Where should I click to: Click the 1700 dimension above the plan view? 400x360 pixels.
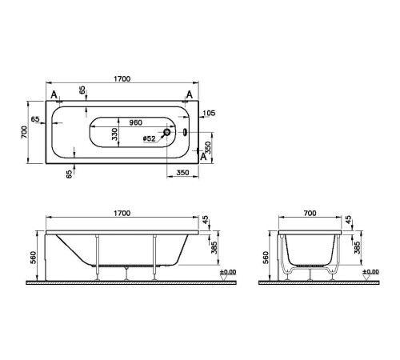[x=122, y=78]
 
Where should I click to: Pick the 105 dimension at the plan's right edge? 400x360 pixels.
[x=210, y=113]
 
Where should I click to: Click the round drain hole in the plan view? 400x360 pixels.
[x=167, y=131]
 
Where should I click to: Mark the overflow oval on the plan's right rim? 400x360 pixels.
[x=185, y=131]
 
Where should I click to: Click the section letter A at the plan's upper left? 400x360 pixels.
[x=54, y=95]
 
